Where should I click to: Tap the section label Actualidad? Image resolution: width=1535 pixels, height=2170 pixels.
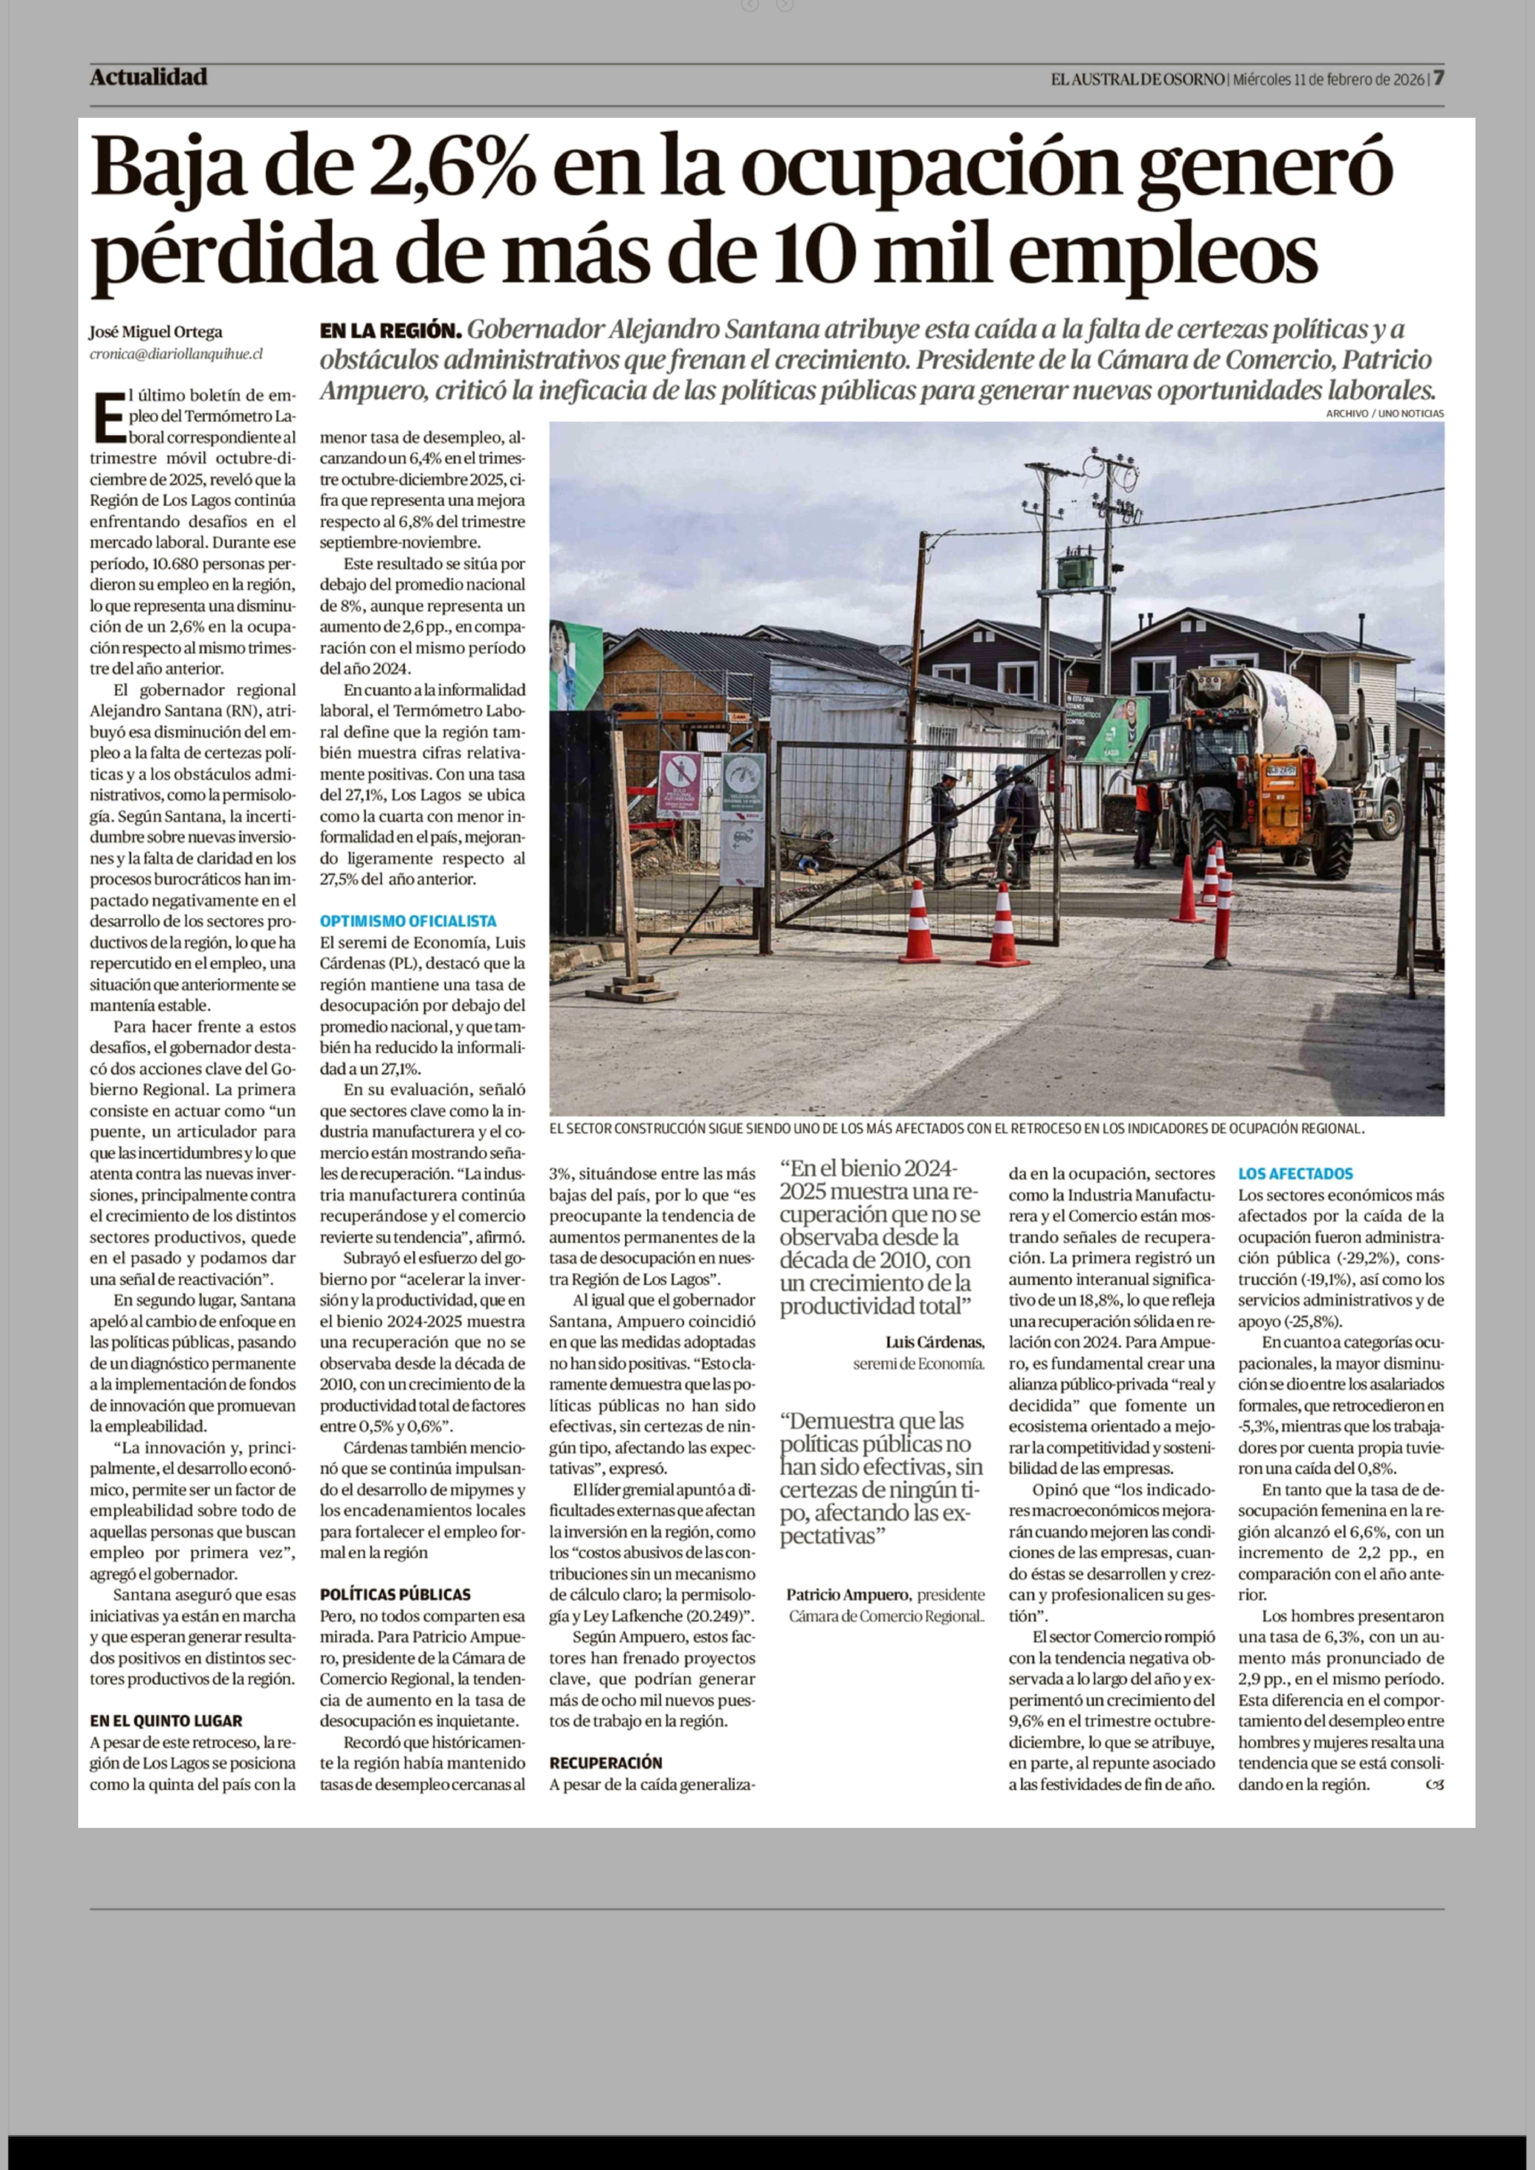click(x=148, y=78)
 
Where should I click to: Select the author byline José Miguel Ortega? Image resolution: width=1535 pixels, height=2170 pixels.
click(x=156, y=332)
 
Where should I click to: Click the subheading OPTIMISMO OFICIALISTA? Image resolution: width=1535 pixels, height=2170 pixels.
click(x=407, y=921)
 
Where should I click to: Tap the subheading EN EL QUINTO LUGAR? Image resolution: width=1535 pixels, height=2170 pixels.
click(x=166, y=1721)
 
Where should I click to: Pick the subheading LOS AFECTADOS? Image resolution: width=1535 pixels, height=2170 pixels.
click(x=1295, y=1174)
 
